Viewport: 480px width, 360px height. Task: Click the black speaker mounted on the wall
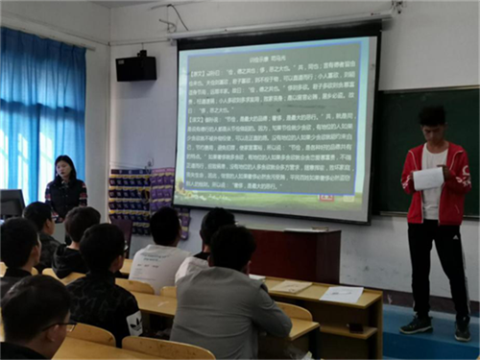click(135, 68)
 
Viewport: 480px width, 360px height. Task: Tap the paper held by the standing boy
click(428, 179)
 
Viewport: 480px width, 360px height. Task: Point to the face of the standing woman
click(65, 170)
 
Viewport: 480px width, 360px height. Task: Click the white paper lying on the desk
click(342, 295)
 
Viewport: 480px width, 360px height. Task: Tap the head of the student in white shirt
click(165, 225)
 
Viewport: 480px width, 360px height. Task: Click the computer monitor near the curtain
click(12, 203)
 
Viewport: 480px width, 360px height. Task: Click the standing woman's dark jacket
click(65, 198)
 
